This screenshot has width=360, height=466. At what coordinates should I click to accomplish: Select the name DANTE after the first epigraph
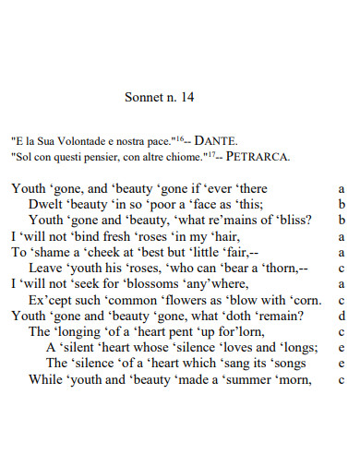[x=216, y=141]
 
